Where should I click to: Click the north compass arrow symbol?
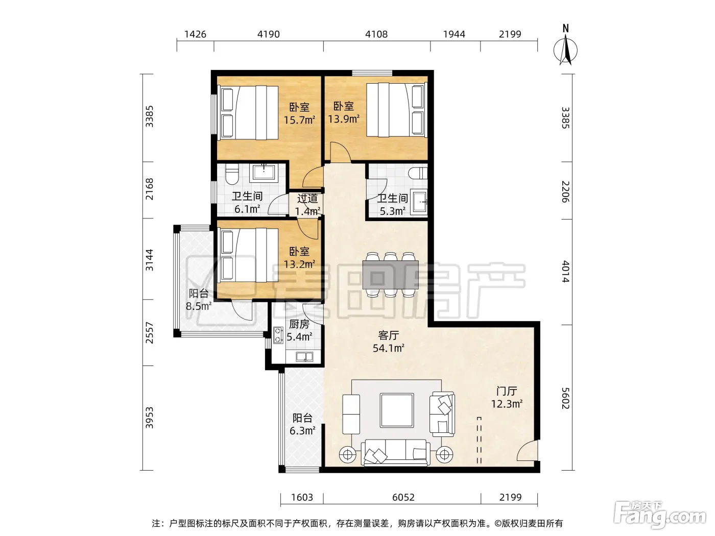coord(565,46)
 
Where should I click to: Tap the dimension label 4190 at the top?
coord(269,34)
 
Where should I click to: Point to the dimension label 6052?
coord(403,497)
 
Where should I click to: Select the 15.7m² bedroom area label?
coord(299,113)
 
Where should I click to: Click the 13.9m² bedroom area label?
coord(344,113)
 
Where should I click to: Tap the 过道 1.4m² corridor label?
coord(307,205)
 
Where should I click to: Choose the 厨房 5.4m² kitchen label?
coord(299,330)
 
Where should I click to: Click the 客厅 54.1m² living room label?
coord(389,342)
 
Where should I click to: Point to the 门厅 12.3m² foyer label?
coord(507,397)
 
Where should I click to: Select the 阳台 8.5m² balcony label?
coord(199,300)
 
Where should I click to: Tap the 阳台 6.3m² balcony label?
coord(302,424)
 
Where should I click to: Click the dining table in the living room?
coord(390,274)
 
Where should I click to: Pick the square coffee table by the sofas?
coord(397,410)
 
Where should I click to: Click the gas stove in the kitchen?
coord(278,335)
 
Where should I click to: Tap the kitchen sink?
coord(304,357)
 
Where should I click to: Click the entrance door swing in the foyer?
coord(527,450)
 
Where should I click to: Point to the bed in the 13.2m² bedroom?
coord(249,255)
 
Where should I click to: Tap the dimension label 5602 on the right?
coord(565,398)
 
